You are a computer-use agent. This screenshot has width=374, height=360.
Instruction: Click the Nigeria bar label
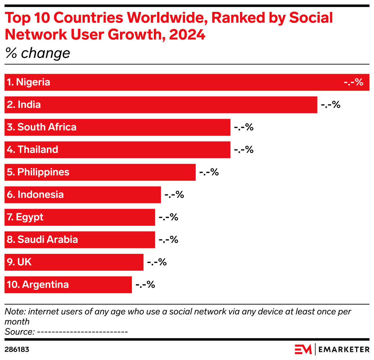(28, 82)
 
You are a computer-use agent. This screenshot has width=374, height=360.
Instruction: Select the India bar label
(24, 105)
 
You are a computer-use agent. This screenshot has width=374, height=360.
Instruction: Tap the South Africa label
(41, 127)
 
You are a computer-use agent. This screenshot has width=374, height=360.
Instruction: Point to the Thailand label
(32, 149)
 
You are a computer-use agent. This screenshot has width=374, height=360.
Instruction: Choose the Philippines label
(38, 172)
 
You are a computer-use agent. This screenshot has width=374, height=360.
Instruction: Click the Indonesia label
(35, 194)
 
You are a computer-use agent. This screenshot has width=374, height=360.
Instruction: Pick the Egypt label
(25, 217)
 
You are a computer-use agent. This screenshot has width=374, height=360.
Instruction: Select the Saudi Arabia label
(42, 239)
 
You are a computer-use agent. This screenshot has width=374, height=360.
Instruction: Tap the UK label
(19, 262)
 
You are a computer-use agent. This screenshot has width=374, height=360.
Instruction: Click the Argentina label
(38, 284)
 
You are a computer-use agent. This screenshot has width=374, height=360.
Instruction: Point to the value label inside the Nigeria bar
(353, 82)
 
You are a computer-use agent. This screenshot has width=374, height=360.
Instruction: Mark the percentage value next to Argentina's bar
(145, 284)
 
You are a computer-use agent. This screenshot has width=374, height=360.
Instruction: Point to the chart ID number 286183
(17, 349)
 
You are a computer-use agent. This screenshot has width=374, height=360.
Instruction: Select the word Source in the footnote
(18, 331)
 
